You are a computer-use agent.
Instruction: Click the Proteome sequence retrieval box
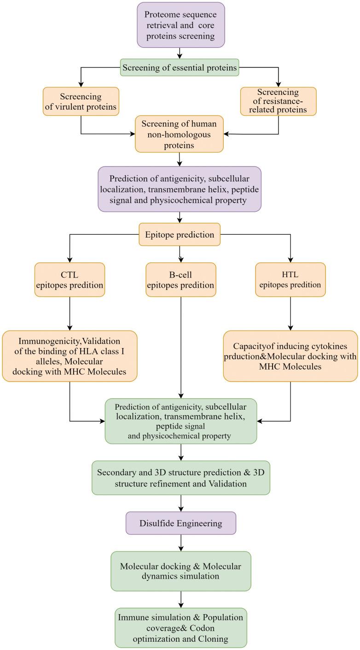click(181, 25)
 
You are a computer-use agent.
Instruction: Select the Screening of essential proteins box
click(180, 68)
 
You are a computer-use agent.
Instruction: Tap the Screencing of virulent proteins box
click(81, 102)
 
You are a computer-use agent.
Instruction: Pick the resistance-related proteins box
click(278, 101)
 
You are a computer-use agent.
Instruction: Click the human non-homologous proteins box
click(179, 134)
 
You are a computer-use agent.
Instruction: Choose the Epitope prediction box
click(180, 234)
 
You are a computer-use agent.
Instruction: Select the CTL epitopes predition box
click(70, 280)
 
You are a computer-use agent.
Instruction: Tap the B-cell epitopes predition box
click(181, 280)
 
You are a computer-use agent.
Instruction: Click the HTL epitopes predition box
click(290, 280)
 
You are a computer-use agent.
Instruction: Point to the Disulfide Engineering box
click(181, 523)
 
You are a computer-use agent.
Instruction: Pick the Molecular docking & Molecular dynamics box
click(181, 571)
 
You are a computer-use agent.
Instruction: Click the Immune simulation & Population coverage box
click(181, 628)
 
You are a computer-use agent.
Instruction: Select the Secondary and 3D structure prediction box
click(181, 478)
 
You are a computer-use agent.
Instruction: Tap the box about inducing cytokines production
click(290, 356)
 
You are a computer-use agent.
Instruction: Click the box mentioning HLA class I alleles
click(70, 356)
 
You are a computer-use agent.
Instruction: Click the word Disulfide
click(157, 523)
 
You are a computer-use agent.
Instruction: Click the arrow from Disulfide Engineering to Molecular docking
click(181, 543)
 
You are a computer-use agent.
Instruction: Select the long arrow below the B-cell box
click(181, 348)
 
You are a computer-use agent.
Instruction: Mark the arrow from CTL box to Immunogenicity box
click(70, 313)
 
